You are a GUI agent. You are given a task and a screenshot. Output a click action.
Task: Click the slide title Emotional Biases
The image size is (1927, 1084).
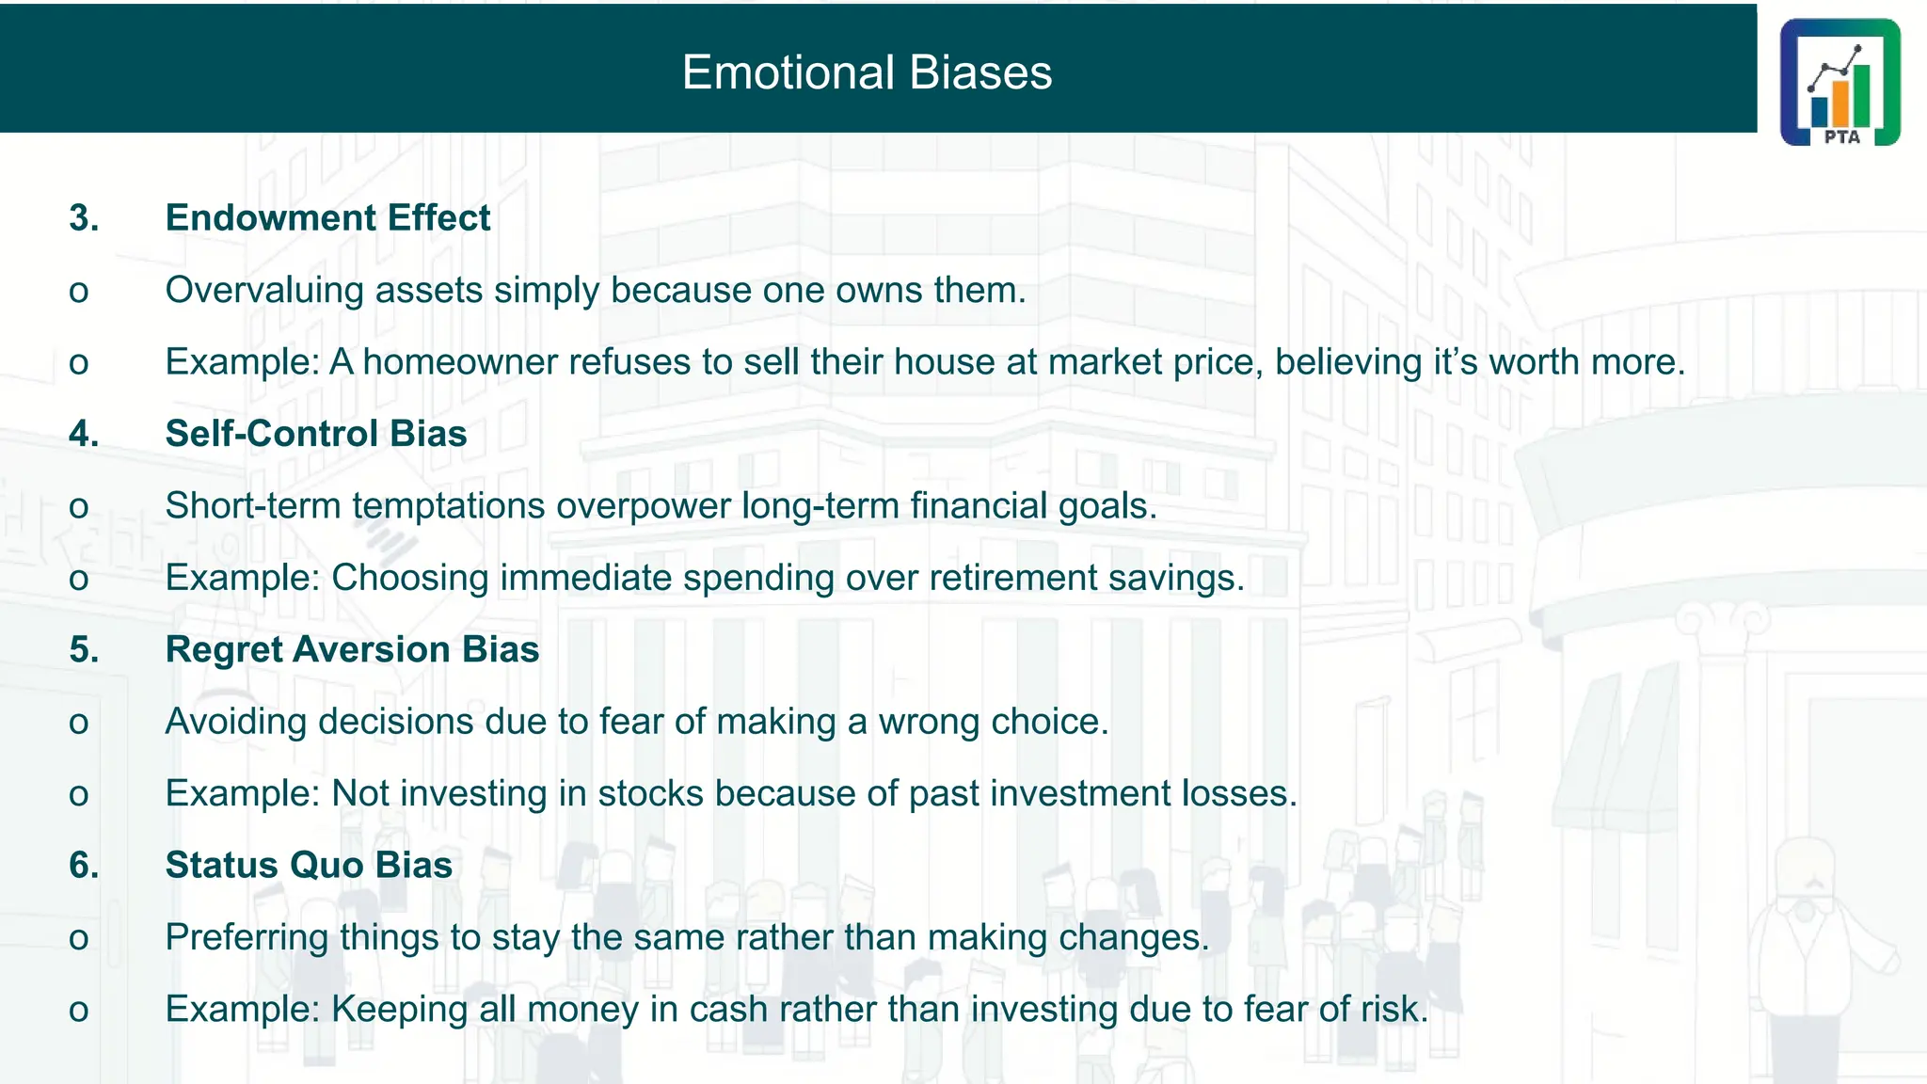click(x=867, y=72)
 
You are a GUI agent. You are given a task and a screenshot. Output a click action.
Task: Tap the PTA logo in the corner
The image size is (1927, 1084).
click(x=1839, y=83)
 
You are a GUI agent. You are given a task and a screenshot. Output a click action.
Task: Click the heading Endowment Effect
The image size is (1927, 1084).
click(x=327, y=217)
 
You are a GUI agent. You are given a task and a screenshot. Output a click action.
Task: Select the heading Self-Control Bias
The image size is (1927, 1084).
click(x=316, y=434)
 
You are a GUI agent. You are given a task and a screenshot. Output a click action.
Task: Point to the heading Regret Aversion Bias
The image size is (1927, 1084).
click(x=352, y=649)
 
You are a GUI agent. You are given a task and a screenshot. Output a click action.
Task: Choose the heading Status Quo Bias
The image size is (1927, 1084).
click(x=309, y=865)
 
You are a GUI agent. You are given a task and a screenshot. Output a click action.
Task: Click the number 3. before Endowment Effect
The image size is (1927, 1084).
click(x=84, y=217)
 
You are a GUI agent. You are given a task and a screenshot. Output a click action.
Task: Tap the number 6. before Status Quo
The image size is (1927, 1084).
click(x=84, y=865)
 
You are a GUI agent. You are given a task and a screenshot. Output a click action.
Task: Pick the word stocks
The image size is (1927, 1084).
click(x=650, y=793)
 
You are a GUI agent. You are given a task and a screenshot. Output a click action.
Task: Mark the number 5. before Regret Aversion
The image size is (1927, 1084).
click(x=84, y=649)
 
